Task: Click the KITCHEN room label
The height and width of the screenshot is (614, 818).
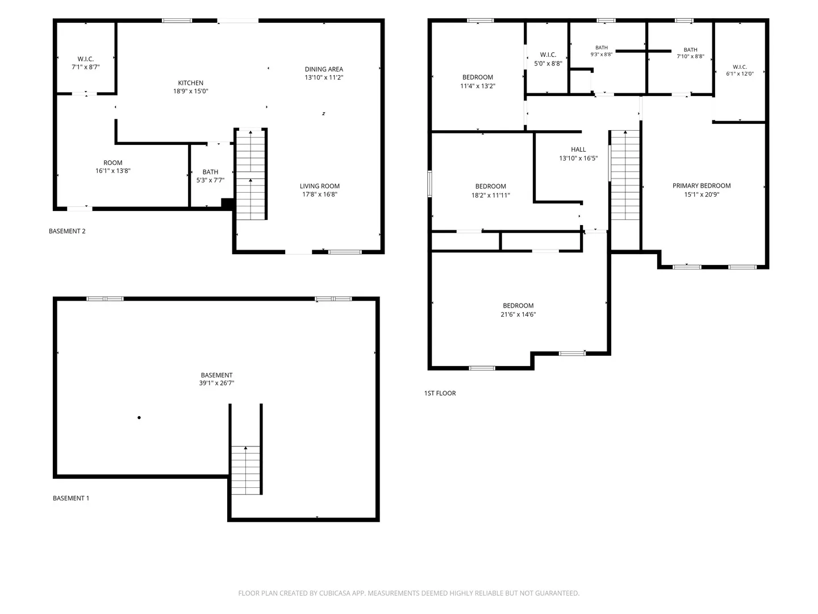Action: coord(190,83)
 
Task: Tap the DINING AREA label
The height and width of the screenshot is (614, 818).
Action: coord(323,69)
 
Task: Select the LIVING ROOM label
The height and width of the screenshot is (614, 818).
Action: coord(319,186)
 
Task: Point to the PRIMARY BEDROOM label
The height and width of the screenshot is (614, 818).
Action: coord(701,185)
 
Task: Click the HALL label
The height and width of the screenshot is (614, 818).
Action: coord(578,149)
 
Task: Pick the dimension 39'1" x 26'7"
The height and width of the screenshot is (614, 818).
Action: coord(216,383)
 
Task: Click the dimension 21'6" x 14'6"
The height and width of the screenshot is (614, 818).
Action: coord(517,314)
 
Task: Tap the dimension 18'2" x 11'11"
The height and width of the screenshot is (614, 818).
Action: coord(490,195)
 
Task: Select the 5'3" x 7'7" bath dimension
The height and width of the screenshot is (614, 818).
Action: coord(210,180)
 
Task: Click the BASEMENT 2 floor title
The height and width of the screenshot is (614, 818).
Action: coord(67,231)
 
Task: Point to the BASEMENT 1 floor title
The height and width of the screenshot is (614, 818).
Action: coord(71,498)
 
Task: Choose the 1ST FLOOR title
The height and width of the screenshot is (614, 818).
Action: coord(440,393)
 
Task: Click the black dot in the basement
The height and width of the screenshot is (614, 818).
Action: coord(139,417)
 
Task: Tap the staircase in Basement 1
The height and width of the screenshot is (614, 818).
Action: coord(245,470)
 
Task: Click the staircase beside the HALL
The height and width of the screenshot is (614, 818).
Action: coord(625,175)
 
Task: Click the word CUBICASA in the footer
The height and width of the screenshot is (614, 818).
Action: coord(334,593)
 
